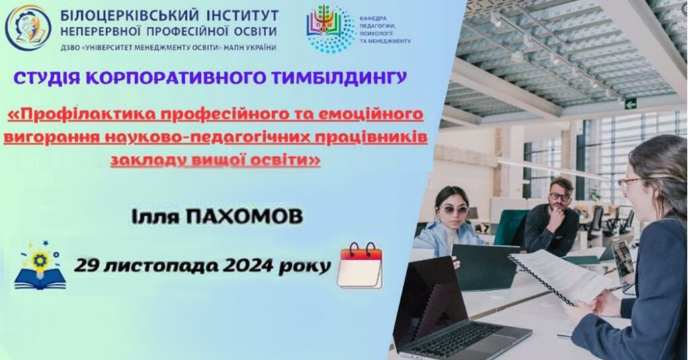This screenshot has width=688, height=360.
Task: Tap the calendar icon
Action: (x=360, y=266)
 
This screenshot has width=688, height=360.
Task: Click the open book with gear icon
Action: (x=40, y=265)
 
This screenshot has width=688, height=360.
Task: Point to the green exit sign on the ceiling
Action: (x=630, y=104)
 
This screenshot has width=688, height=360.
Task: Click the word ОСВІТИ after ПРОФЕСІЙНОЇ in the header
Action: (x=254, y=32)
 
